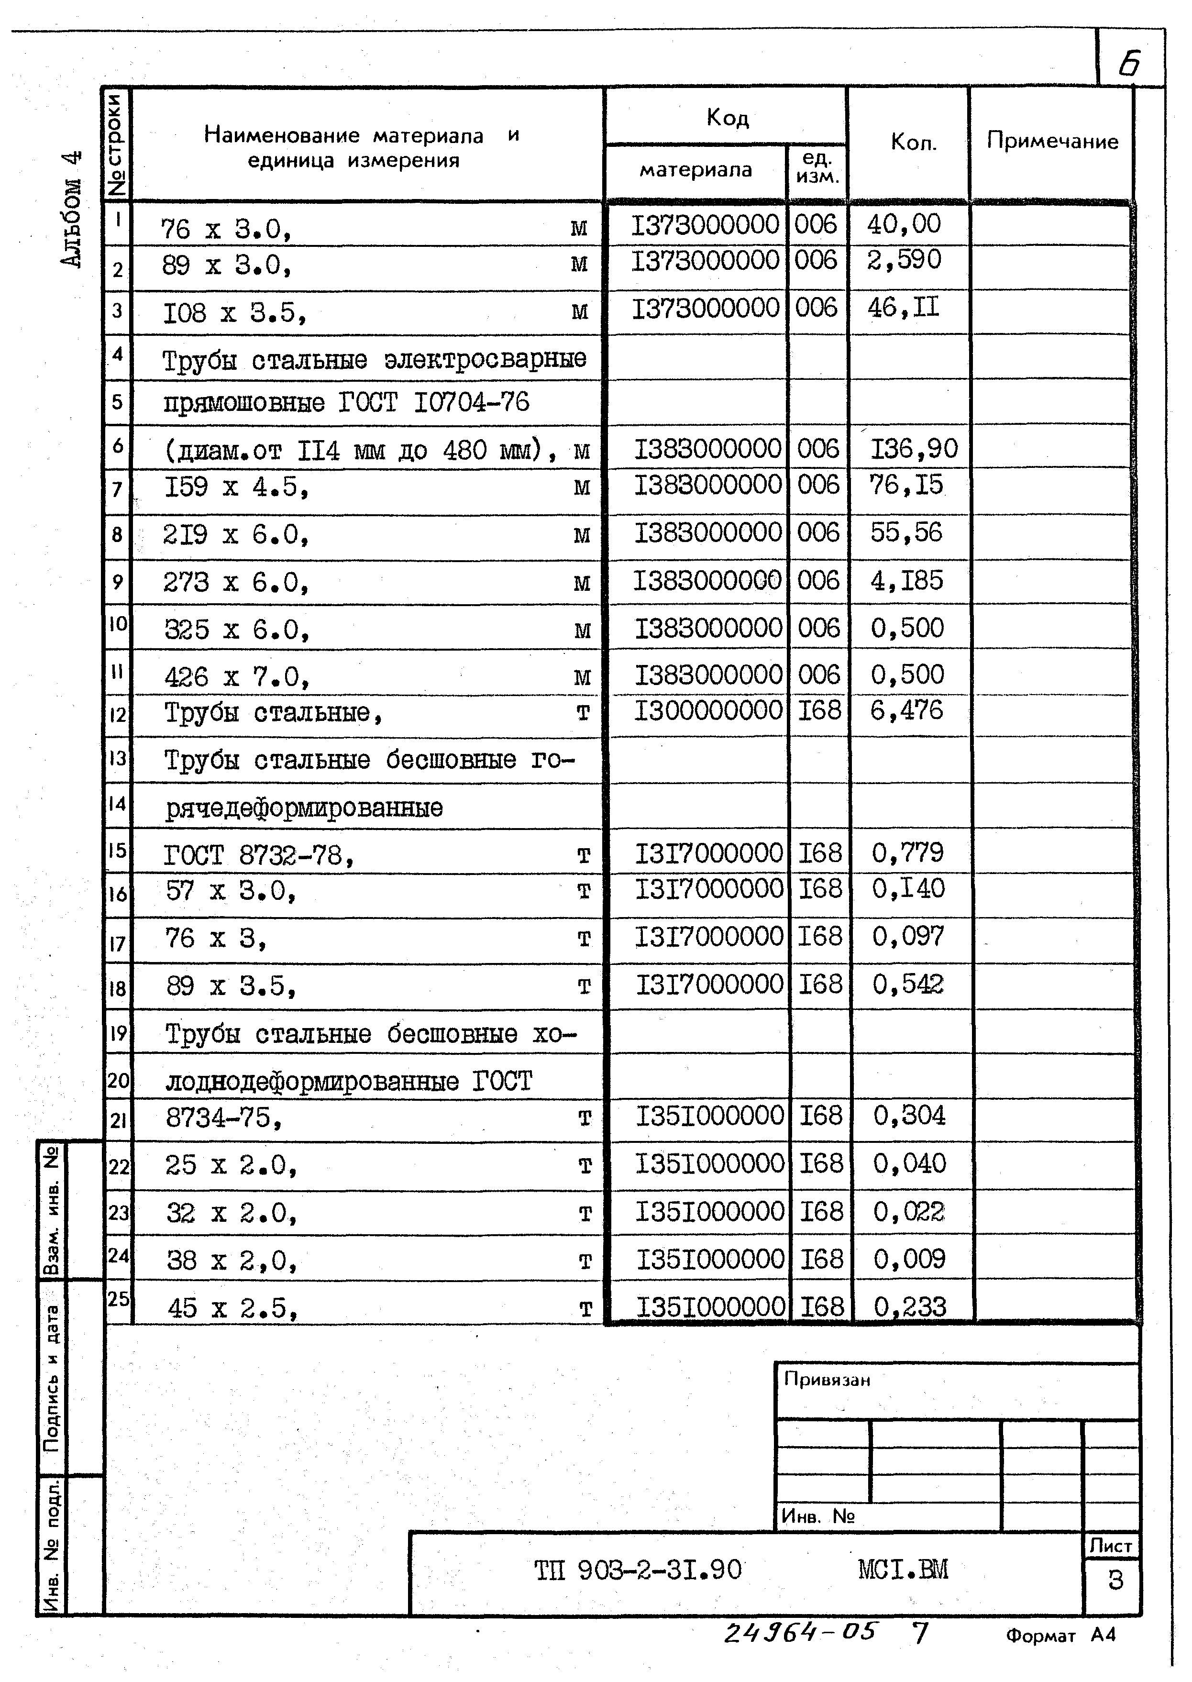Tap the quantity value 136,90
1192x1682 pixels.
(914, 448)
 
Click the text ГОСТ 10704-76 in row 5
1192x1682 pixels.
(434, 402)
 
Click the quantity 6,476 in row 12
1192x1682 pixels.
(906, 710)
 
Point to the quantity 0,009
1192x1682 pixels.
(909, 1259)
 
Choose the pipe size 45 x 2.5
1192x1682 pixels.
(232, 1307)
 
